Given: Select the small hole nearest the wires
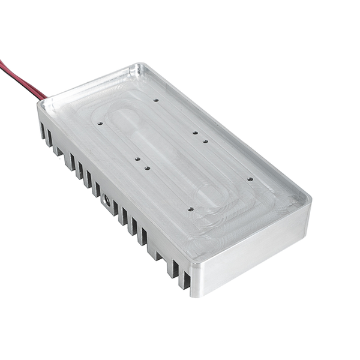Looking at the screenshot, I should tap(100, 124).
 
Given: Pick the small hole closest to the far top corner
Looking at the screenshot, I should tap(155, 100).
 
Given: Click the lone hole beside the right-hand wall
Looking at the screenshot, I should tap(250, 179).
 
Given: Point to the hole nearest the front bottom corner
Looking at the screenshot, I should tap(190, 209).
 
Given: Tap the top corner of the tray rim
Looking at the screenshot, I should tap(142, 65).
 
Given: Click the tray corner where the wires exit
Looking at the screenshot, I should tap(41, 103).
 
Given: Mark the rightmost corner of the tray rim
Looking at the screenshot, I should tap(308, 198).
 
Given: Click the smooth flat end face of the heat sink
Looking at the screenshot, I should tap(252, 252).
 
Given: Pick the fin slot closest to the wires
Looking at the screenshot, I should tap(43, 131).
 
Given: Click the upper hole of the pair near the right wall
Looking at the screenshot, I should tap(195, 132).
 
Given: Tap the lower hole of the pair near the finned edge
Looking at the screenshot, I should tap(147, 169).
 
